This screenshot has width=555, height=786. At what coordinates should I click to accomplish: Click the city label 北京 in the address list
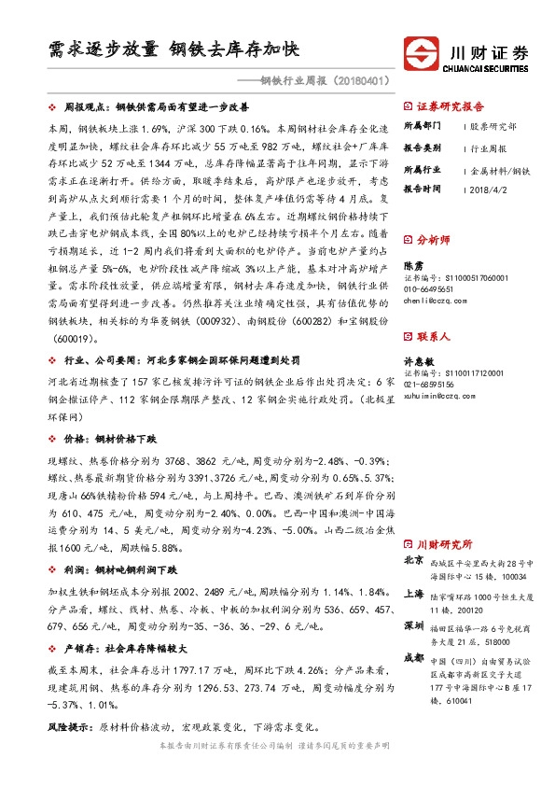click(x=414, y=561)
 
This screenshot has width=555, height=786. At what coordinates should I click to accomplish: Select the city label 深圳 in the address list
click(x=414, y=624)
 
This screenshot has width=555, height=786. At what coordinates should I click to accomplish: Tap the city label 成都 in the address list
click(x=414, y=657)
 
